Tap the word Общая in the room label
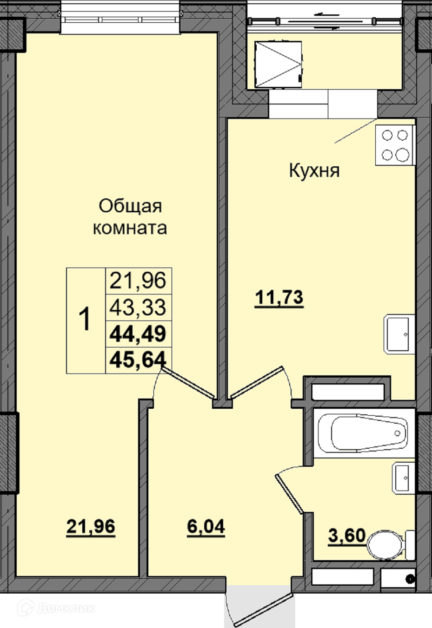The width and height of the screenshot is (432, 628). pyautogui.click(x=131, y=207)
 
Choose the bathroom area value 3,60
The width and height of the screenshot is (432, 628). pyautogui.click(x=347, y=536)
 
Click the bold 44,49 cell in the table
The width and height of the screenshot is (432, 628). pyautogui.click(x=138, y=334)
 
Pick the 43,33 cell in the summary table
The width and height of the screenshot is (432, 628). pyautogui.click(x=138, y=307)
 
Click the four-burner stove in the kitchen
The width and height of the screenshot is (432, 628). pyautogui.click(x=395, y=145)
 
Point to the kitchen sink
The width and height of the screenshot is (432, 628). pyautogui.click(x=399, y=334)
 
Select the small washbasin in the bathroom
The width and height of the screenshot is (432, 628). pyautogui.click(x=403, y=478)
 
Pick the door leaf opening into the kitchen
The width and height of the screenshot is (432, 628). pyautogui.click(x=257, y=382)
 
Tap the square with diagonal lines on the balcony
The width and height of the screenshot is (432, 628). pyautogui.click(x=278, y=64)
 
